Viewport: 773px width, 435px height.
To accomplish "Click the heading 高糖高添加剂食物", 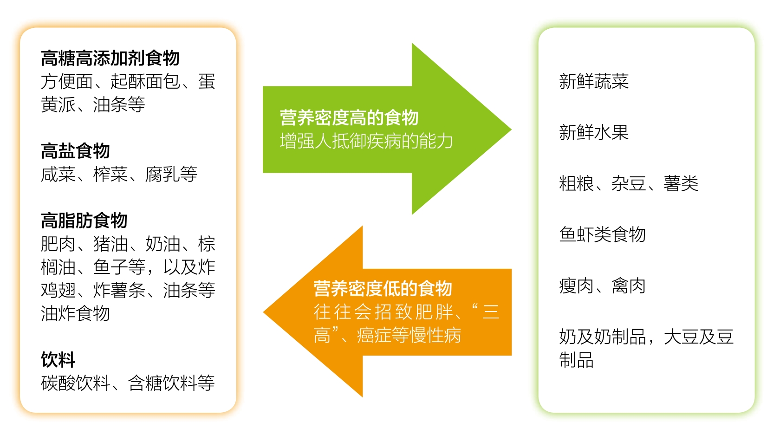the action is coord(110,58).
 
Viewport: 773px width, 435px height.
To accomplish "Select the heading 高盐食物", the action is coord(75,151).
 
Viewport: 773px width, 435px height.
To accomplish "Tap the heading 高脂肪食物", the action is coord(84,221).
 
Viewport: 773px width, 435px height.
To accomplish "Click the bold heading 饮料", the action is coord(58,360).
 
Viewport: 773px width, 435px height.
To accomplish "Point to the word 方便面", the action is coord(66,81).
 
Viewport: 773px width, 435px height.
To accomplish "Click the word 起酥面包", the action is coord(145,81).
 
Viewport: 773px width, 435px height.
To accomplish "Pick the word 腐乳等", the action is coord(171,174).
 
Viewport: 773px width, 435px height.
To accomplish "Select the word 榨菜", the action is coord(110,174).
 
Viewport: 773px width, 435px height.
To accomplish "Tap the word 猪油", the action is coord(110,244).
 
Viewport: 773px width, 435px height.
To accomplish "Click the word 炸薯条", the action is coord(119,290).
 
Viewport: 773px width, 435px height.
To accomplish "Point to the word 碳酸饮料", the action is coord(75,383).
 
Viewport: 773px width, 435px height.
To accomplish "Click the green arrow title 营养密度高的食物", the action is coord(349,117).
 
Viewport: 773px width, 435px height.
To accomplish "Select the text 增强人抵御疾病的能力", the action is coord(366,141).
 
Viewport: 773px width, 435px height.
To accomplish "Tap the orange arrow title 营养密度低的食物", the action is coord(383,288).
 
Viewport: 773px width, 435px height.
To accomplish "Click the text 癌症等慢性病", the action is coord(409,335).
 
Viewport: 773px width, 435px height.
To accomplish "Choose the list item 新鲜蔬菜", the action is coord(594,81).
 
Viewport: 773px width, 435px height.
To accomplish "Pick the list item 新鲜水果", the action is coord(594,132).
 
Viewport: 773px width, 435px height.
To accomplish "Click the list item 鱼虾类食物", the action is coord(603,234).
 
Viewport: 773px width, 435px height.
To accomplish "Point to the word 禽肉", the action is coord(629,286).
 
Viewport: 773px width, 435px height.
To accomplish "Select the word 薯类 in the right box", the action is coord(681,183).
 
